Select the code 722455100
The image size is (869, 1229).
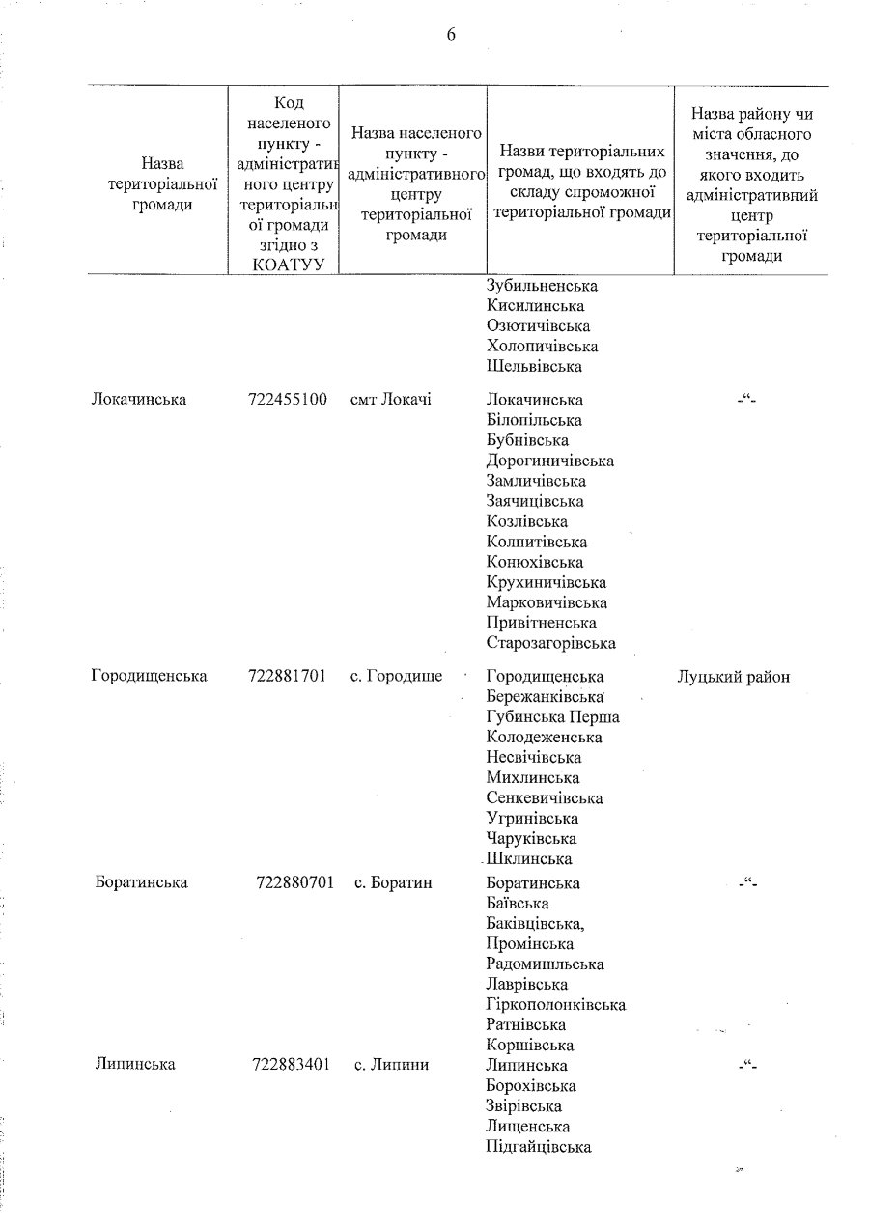(x=288, y=400)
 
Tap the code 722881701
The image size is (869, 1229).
(x=288, y=676)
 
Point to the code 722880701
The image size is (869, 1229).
(x=295, y=882)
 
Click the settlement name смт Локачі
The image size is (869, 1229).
(x=391, y=400)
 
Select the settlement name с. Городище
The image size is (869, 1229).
(x=396, y=676)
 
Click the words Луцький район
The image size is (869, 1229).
(x=734, y=677)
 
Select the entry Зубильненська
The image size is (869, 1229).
(x=543, y=286)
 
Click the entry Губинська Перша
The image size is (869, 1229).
(x=553, y=716)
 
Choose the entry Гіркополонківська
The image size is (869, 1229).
(x=556, y=1004)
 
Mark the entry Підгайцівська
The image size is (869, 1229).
(x=539, y=1147)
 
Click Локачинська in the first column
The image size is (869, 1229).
(x=136, y=400)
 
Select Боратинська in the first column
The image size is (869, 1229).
(x=142, y=882)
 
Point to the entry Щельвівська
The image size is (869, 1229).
(x=534, y=367)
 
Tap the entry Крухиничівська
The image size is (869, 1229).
(x=547, y=582)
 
